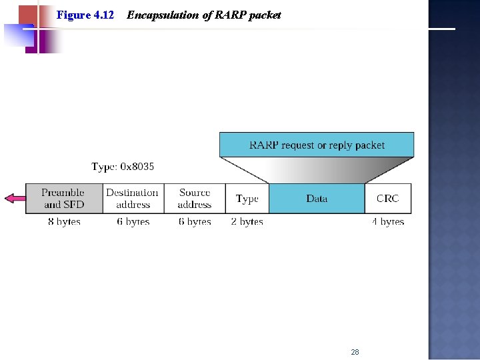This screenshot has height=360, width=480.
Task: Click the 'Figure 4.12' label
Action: pyautogui.click(x=85, y=15)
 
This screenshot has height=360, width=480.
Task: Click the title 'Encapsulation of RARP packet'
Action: pyautogui.click(x=203, y=15)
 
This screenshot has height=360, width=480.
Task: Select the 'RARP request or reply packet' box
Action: pyautogui.click(x=317, y=145)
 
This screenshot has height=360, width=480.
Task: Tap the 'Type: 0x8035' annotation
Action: pyautogui.click(x=123, y=167)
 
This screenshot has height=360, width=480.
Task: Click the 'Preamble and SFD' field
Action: pyautogui.click(x=64, y=199)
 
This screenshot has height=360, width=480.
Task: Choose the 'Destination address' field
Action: pyautogui.click(x=133, y=199)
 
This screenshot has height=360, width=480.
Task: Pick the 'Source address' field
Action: pyautogui.click(x=195, y=199)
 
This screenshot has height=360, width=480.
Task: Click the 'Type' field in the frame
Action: pyautogui.click(x=247, y=199)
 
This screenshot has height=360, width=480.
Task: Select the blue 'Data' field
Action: pyautogui.click(x=317, y=199)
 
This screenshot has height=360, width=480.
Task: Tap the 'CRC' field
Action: pyautogui.click(x=387, y=199)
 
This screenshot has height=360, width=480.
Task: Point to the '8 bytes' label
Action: pyautogui.click(x=64, y=221)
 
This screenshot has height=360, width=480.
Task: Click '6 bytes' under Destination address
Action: pyautogui.click(x=133, y=221)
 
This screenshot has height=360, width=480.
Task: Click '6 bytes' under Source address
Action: pyautogui.click(x=195, y=221)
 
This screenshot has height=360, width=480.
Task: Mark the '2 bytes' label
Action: pyautogui.click(x=247, y=221)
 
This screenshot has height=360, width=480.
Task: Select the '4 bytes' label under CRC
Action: pyautogui.click(x=388, y=221)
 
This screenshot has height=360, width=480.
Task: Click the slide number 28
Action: pyautogui.click(x=355, y=351)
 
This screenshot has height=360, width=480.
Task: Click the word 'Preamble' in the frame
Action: pyautogui.click(x=63, y=193)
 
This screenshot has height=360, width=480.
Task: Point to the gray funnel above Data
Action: pyautogui.click(x=317, y=171)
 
